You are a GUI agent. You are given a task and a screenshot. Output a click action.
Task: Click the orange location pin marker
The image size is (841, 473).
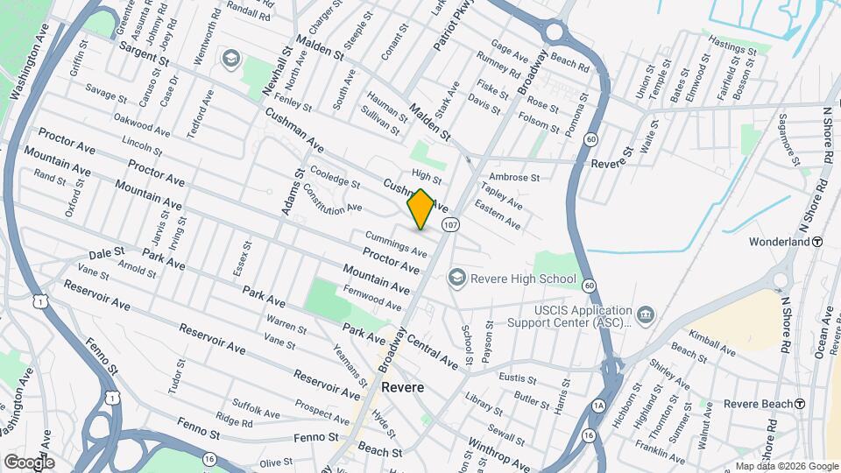(x=420, y=209)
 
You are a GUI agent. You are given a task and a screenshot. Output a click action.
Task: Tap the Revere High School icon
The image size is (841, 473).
(x=456, y=279)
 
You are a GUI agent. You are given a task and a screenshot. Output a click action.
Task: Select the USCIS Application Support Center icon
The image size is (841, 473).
(x=646, y=314)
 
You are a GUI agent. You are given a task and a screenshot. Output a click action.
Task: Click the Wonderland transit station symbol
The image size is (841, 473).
(x=816, y=242)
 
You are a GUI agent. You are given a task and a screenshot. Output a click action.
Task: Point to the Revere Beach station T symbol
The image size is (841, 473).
(x=799, y=404)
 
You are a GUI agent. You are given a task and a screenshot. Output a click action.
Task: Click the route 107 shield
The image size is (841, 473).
(x=450, y=225)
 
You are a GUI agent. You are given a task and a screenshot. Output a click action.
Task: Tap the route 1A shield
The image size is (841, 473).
(x=598, y=405)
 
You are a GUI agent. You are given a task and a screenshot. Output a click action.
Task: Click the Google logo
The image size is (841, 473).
(x=29, y=462)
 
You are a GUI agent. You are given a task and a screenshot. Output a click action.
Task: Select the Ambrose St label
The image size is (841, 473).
(x=514, y=177)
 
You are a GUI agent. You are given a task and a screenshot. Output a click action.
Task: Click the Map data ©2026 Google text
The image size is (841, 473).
(x=787, y=466)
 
